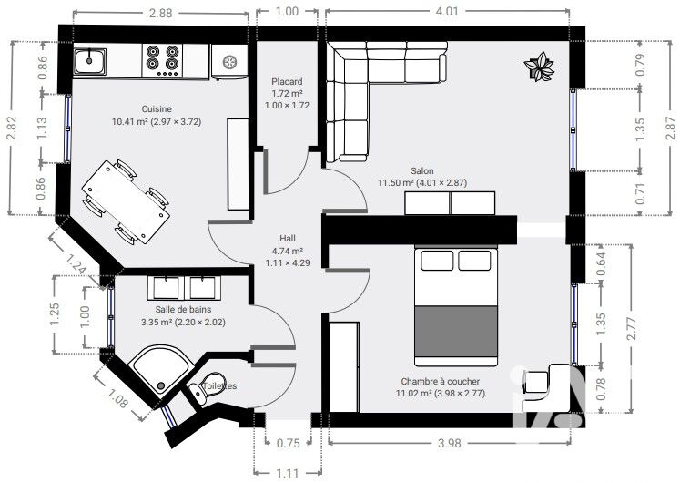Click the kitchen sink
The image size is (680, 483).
(x=90, y=61)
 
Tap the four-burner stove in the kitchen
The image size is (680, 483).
(x=162, y=61)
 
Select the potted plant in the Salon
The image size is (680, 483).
(x=539, y=67)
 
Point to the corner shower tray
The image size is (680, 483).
(x=159, y=370)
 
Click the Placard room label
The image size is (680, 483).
(x=287, y=82)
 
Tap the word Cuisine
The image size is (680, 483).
(x=157, y=109)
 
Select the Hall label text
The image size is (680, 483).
(x=288, y=238)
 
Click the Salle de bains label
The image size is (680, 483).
(x=184, y=310)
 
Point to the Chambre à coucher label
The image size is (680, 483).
(x=441, y=382)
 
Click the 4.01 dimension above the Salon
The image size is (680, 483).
(x=447, y=11)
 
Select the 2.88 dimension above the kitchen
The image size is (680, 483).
(x=160, y=13)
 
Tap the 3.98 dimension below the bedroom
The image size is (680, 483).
(x=450, y=443)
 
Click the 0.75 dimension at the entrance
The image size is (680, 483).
(x=288, y=443)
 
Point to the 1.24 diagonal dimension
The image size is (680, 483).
(x=76, y=264)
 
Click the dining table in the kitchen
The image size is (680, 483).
(x=126, y=202)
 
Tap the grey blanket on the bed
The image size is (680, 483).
(x=456, y=331)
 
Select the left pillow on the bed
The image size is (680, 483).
(x=437, y=261)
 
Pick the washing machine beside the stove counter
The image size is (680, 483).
(x=229, y=62)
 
